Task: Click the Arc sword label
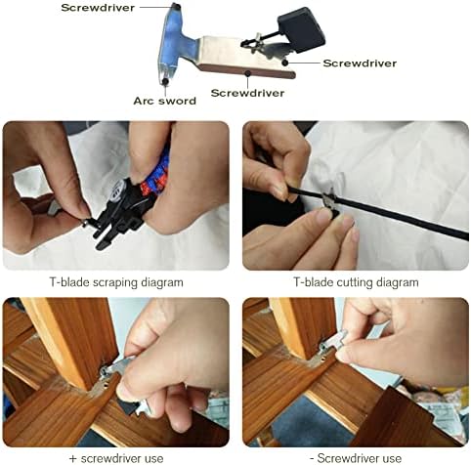164,99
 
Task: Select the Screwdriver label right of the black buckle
360,63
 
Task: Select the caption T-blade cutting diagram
356,281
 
